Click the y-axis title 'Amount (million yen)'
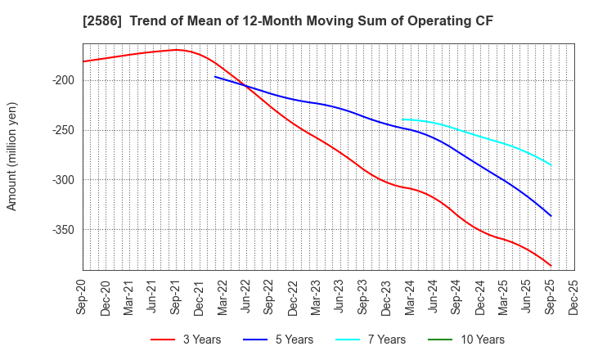click(12, 156)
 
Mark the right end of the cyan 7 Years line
click(551, 165)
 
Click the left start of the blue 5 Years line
click(215, 77)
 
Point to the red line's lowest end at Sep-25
click(551, 266)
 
